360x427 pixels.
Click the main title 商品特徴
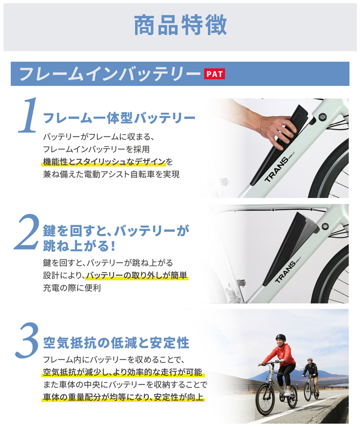(x=181, y=25)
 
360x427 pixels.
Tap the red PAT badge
(x=214, y=74)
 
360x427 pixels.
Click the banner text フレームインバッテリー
(x=110, y=74)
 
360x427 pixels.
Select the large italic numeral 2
(x=27, y=232)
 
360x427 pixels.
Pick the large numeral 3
(x=27, y=341)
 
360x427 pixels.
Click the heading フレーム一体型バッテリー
(x=119, y=118)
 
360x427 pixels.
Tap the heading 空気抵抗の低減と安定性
(x=116, y=343)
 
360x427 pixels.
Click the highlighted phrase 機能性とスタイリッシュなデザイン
(x=104, y=162)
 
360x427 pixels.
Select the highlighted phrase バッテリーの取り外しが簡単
(x=137, y=275)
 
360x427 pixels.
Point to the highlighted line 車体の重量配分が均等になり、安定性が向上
(x=123, y=397)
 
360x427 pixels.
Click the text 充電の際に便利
(x=72, y=288)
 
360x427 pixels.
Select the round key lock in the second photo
(x=325, y=226)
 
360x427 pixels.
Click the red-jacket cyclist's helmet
(x=280, y=337)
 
